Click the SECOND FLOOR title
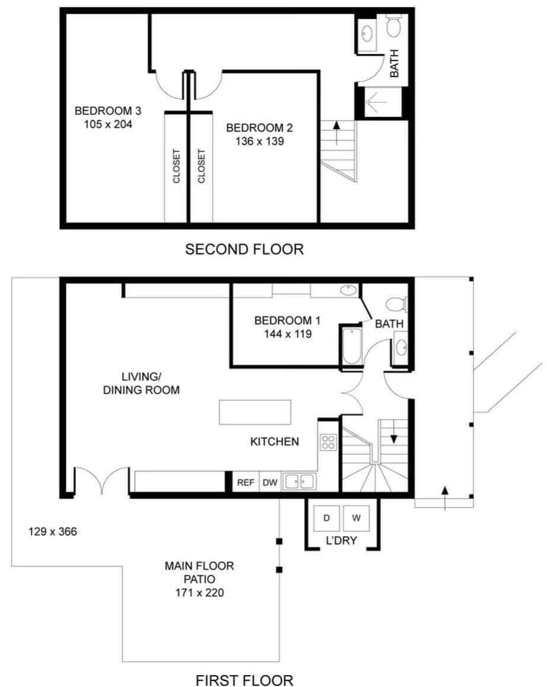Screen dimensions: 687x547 tap(244, 249)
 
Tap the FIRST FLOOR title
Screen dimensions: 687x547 tap(244, 679)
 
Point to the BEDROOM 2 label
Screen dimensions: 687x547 tap(259, 128)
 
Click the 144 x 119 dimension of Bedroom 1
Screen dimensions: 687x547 tap(287, 334)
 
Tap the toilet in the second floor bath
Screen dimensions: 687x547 tap(395, 26)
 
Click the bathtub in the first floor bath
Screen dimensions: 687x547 tap(351, 345)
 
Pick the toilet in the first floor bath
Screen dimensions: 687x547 tap(396, 305)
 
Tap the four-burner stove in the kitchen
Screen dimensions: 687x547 tap(328, 441)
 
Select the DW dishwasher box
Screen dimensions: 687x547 tap(270, 482)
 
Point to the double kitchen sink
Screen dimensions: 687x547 tap(299, 481)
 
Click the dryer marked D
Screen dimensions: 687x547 tap(326, 518)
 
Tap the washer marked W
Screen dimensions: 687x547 tap(356, 518)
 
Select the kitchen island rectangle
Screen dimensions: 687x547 tap(255, 412)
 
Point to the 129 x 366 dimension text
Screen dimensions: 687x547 tap(53, 532)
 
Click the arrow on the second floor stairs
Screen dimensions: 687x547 tap(336, 132)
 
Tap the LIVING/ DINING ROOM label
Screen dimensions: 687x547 tap(141, 384)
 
